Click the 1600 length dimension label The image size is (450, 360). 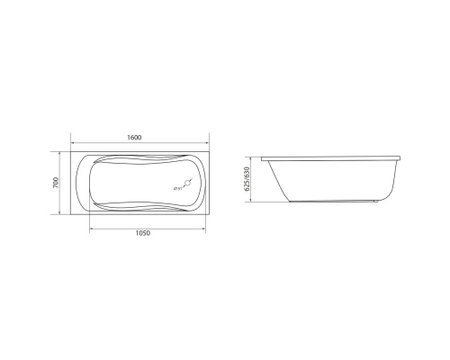[134, 137]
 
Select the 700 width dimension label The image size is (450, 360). [56, 183]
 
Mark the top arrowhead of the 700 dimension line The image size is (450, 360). [62, 154]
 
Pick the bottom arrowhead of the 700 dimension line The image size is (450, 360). [62, 214]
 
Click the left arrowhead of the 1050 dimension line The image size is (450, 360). [90, 228]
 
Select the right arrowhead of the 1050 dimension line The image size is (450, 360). [209, 228]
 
